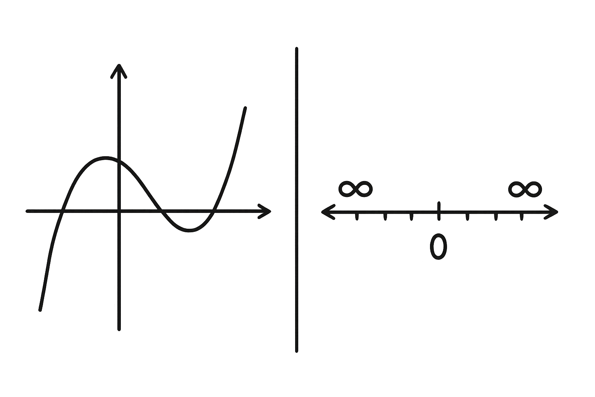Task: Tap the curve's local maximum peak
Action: click(x=106, y=158)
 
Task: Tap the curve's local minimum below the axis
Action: click(x=189, y=230)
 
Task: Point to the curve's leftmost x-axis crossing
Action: click(x=62, y=211)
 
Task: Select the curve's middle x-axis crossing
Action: click(x=161, y=211)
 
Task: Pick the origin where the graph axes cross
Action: click(x=119, y=211)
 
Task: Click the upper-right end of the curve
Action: click(x=245, y=108)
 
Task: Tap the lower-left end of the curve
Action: click(x=40, y=310)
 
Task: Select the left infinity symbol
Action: click(x=356, y=189)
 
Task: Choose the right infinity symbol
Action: click(x=525, y=189)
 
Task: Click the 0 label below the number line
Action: click(x=438, y=247)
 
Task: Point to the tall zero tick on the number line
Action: click(x=439, y=211)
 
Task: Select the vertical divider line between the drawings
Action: click(x=296, y=200)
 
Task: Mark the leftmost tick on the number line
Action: click(x=357, y=216)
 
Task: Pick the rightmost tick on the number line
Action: click(x=522, y=216)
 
